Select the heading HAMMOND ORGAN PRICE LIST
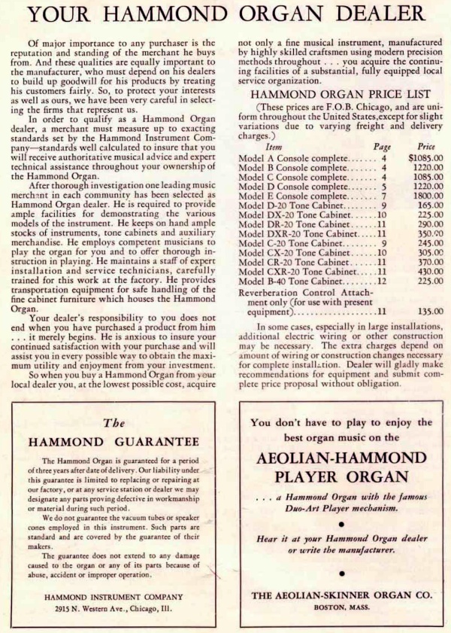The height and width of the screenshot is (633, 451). click(x=340, y=95)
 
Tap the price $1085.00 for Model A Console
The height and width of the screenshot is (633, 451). click(x=425, y=159)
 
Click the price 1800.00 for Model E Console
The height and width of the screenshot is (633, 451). click(x=427, y=196)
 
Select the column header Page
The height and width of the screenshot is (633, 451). click(x=383, y=148)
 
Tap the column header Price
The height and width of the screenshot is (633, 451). click(x=426, y=148)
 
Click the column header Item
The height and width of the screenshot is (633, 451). click(x=274, y=148)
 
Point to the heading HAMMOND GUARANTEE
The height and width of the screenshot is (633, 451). click(x=114, y=441)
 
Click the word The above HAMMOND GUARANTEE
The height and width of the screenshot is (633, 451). click(x=114, y=423)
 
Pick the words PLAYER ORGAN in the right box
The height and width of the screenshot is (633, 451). click(x=341, y=477)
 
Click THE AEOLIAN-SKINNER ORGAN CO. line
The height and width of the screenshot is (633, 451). click(x=342, y=595)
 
